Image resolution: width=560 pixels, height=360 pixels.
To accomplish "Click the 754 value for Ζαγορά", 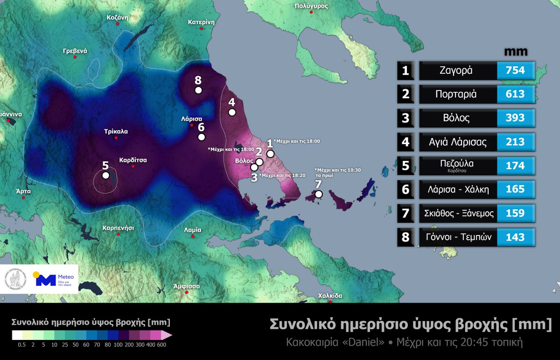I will click(x=515, y=70).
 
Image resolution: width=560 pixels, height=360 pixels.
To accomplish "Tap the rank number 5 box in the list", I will click(x=406, y=166).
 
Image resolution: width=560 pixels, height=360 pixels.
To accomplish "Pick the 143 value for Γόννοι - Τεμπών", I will click(x=515, y=237).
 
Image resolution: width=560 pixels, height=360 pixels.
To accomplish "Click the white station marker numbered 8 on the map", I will click(x=198, y=90).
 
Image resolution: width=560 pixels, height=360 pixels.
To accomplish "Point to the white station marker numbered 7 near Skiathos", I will click(x=318, y=194).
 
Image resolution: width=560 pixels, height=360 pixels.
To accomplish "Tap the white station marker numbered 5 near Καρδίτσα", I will click(x=106, y=175).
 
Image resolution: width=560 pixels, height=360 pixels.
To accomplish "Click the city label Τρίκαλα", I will click(x=116, y=132).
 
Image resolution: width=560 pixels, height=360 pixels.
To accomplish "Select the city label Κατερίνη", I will click(x=201, y=22).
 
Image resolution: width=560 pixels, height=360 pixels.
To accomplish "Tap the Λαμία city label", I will click(x=193, y=230).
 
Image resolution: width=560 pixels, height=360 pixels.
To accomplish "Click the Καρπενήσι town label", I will click(x=118, y=228).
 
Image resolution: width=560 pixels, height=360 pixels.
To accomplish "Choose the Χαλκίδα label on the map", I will click(x=330, y=295).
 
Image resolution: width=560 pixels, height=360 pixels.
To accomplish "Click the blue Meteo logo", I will click(x=45, y=279).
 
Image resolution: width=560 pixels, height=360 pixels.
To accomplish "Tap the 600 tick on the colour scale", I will click(x=161, y=345).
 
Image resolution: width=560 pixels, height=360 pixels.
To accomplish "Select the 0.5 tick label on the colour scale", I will click(x=21, y=345).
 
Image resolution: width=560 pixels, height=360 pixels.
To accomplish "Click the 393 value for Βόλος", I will click(x=515, y=118).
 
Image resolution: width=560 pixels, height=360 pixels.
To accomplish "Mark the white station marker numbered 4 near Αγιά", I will click(x=231, y=112).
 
